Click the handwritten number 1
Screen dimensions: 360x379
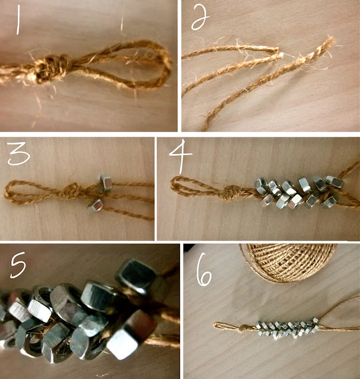(x=18, y=20)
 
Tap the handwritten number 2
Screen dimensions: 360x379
(x=200, y=18)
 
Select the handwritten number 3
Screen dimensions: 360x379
(x=18, y=153)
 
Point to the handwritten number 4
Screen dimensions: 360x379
(x=181, y=155)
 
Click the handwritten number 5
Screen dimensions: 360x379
(x=18, y=265)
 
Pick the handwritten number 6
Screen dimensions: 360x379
(x=204, y=270)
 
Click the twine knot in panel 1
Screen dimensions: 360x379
(x=51, y=69)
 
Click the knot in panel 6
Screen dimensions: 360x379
(x=244, y=328)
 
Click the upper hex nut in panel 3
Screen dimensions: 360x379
(x=105, y=182)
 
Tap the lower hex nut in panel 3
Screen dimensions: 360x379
(x=96, y=205)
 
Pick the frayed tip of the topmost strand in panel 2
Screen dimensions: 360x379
(x=275, y=50)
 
